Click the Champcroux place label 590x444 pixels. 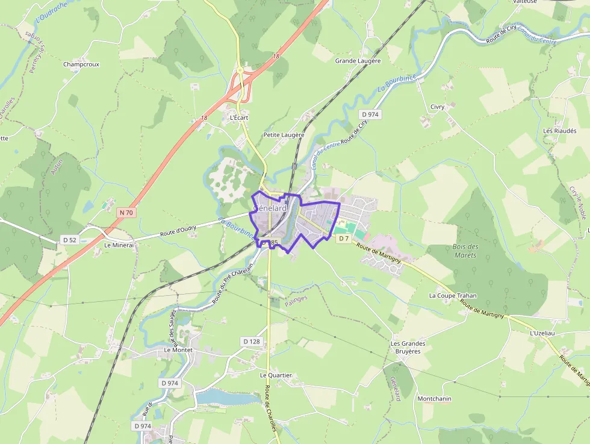click(81, 64)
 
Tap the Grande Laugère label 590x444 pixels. click(358, 61)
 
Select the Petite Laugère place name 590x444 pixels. click(284, 135)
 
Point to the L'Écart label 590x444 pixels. click(239, 117)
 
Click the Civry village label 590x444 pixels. click(437, 107)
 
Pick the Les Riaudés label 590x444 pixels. click(560, 131)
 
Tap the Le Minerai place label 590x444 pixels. click(119, 245)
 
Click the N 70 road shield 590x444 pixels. click(126, 212)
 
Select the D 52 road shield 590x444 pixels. click(70, 240)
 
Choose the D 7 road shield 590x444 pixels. click(343, 239)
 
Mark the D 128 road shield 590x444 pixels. click(252, 342)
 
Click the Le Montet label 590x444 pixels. click(178, 349)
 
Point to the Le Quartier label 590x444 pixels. click(276, 375)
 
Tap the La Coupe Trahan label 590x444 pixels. click(453, 296)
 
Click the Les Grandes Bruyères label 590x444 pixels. click(408, 347)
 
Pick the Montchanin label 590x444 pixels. click(435, 399)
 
